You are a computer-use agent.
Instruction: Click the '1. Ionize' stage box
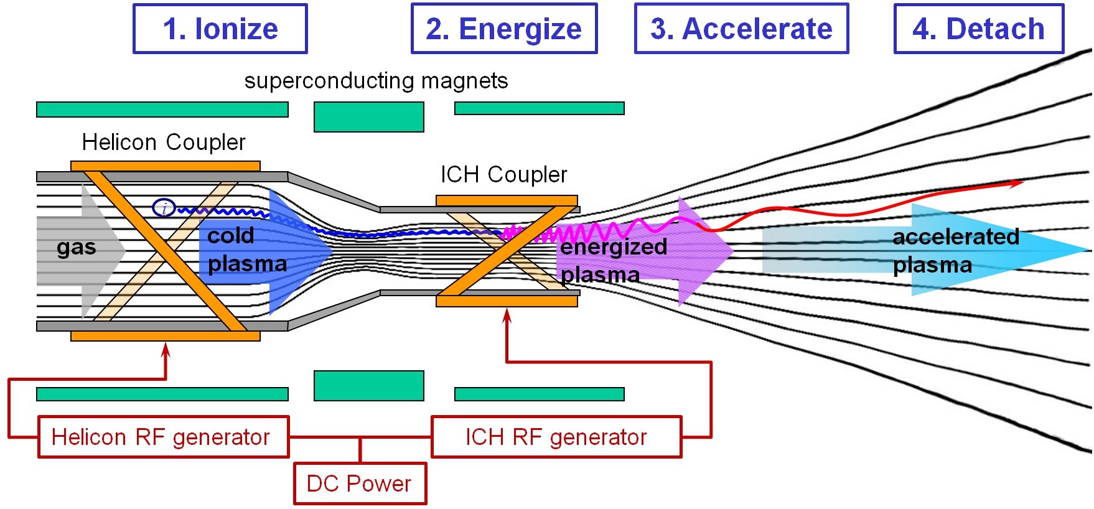[220, 29]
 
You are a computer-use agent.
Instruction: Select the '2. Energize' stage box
[504, 29]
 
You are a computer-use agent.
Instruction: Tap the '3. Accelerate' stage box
[742, 29]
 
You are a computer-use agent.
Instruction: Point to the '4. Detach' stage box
[979, 29]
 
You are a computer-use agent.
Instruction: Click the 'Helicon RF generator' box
[164, 437]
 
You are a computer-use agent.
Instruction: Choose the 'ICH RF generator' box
[557, 437]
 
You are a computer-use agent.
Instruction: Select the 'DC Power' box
[360, 483]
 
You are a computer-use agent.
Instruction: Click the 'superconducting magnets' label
[376, 81]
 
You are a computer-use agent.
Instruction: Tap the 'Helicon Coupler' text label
[164, 142]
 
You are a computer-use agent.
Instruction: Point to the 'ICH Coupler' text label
[504, 175]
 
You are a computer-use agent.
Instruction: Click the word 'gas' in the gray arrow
[77, 248]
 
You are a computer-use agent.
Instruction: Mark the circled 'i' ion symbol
[164, 208]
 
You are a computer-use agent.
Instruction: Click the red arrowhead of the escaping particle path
[1017, 183]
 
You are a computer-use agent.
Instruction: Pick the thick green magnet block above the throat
[369, 117]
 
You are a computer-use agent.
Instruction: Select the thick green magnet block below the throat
[369, 386]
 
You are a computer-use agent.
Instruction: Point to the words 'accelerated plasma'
[956, 251]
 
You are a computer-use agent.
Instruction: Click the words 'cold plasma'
[247, 250]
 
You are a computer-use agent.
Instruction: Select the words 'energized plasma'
[614, 261]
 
